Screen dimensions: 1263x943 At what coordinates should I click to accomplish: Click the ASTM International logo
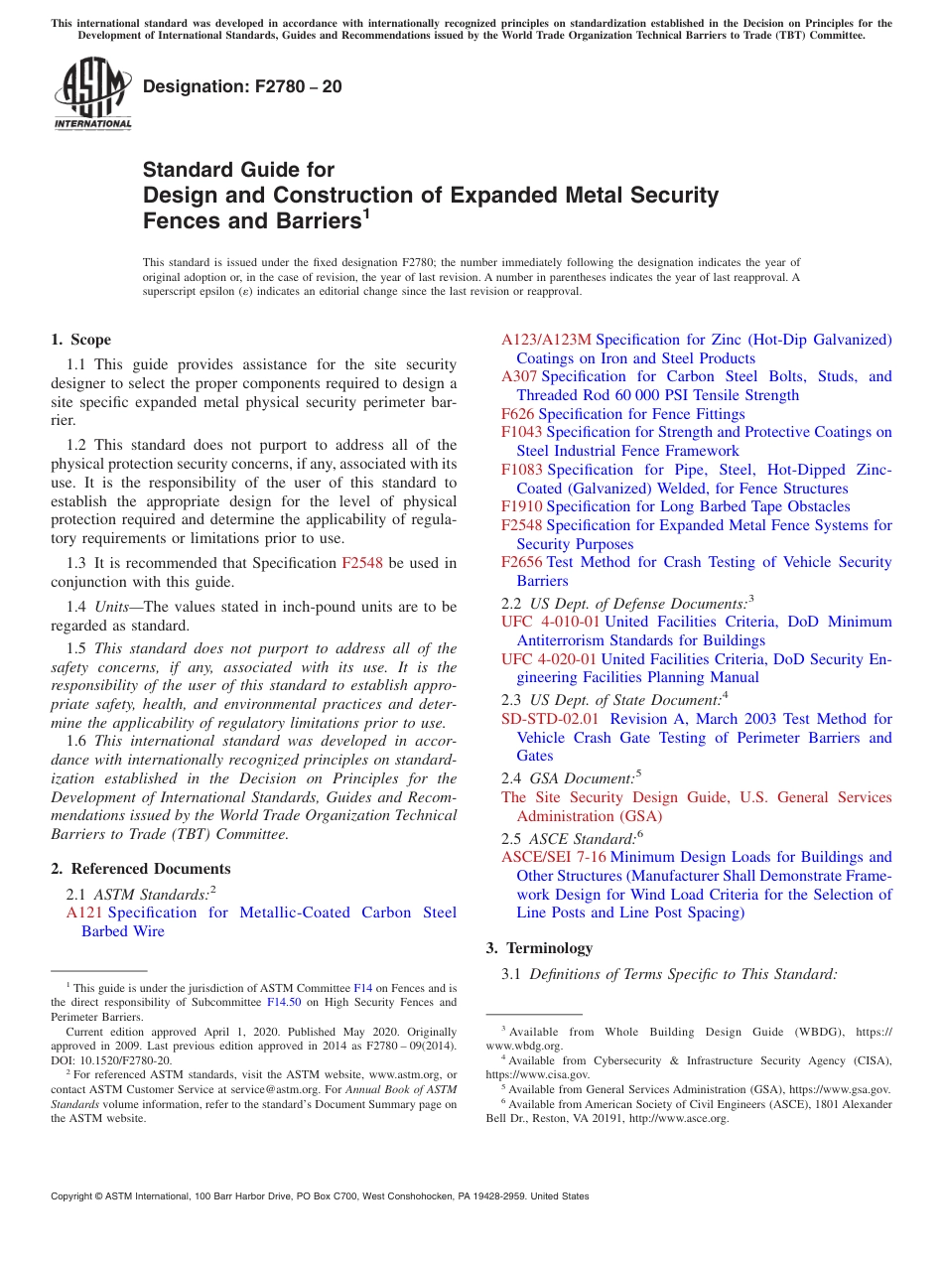tap(92, 93)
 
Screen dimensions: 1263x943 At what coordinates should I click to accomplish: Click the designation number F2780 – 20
tap(242, 87)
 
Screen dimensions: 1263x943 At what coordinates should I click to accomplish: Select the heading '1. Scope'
tap(81, 340)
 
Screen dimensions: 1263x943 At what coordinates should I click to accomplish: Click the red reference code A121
tap(84, 912)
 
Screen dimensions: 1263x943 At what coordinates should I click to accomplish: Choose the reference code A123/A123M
tap(546, 340)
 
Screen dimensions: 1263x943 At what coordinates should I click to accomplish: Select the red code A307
tap(519, 376)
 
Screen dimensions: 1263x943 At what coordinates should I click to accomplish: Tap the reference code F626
tap(518, 414)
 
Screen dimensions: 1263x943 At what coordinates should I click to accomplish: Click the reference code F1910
tap(522, 506)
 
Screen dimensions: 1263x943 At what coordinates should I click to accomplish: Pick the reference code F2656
tap(522, 562)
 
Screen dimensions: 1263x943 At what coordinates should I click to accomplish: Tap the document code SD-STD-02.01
tap(551, 719)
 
